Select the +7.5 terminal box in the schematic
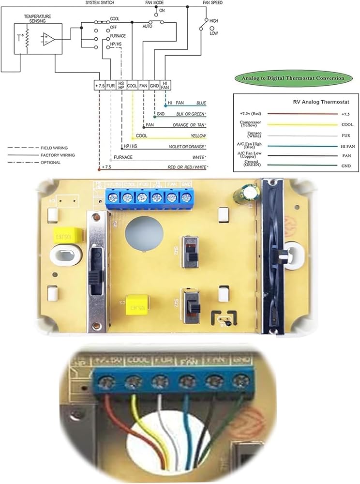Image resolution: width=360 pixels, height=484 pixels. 100,86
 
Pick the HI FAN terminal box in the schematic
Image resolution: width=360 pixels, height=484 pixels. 165,86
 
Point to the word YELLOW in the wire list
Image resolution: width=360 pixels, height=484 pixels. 199,136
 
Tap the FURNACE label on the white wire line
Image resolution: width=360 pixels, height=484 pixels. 123,157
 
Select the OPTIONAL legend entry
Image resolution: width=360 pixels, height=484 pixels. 50,163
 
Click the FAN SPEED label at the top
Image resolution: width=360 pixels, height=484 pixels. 213,3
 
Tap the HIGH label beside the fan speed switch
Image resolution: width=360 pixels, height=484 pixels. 214,21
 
